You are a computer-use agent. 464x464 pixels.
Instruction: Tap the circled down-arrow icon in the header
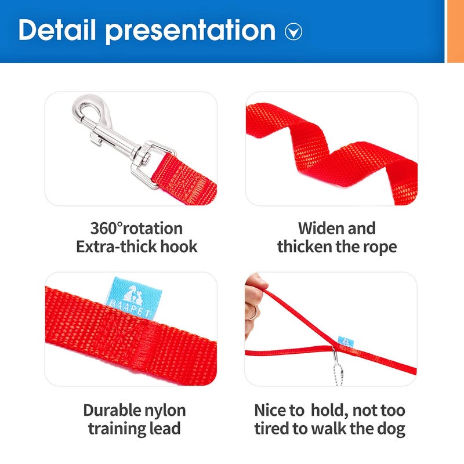click(293, 32)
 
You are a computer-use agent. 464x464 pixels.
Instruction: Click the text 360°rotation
click(136, 228)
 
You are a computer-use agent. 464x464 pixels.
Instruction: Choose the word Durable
click(112, 411)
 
